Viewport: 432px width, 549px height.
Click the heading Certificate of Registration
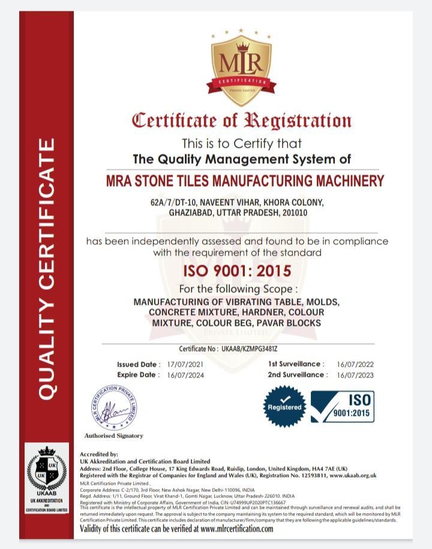(x=241, y=120)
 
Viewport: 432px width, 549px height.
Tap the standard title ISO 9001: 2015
(x=237, y=271)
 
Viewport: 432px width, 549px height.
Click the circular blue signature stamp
(x=115, y=407)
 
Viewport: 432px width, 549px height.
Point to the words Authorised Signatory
(x=113, y=436)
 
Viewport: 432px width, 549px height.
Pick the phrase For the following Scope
(x=238, y=289)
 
